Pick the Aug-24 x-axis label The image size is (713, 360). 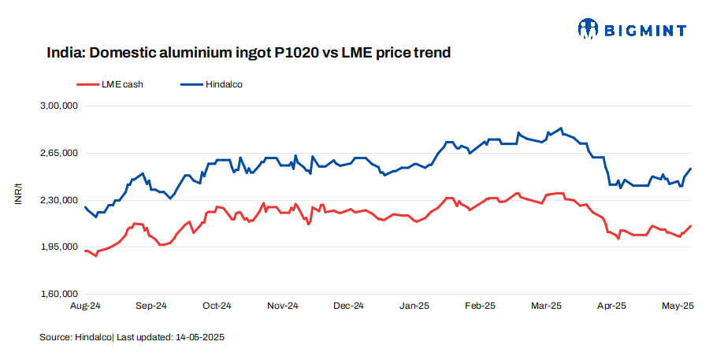pyautogui.click(x=85, y=306)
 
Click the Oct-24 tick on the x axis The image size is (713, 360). pyautogui.click(x=217, y=306)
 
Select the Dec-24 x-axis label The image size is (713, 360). pyautogui.click(x=348, y=306)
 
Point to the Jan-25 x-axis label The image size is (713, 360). pyautogui.click(x=414, y=306)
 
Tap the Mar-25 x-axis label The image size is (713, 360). pyautogui.click(x=545, y=306)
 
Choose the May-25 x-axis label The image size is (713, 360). pyautogui.click(x=677, y=306)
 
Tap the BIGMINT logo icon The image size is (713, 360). pyautogui.click(x=588, y=30)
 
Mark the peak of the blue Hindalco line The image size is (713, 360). pyautogui.click(x=560, y=128)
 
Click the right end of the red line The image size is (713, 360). pyautogui.click(x=691, y=226)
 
